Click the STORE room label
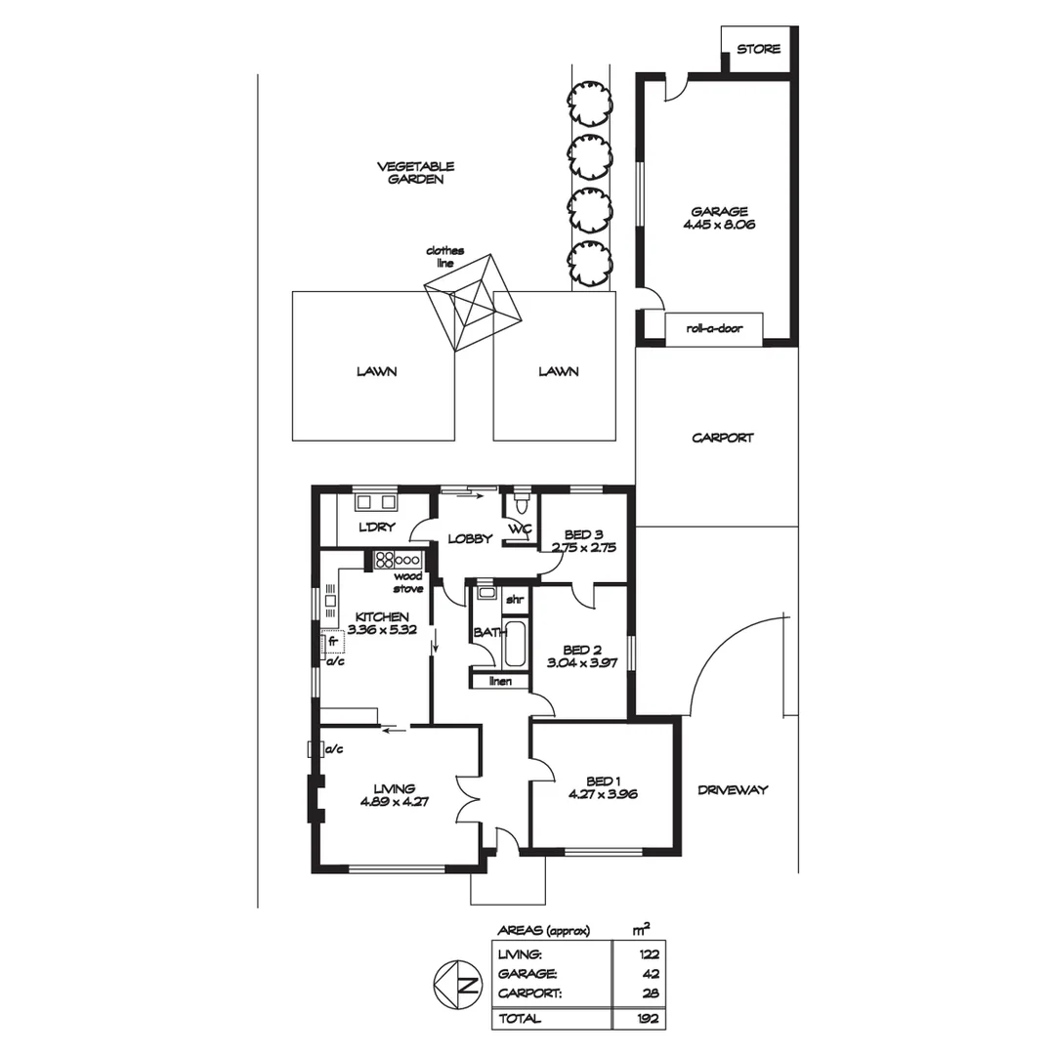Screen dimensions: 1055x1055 [758, 48]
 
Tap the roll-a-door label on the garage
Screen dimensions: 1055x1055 [713, 328]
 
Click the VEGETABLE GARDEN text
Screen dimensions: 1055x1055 [415, 173]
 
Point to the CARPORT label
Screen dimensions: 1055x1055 [723, 438]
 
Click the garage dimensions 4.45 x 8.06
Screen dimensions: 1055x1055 [720, 224]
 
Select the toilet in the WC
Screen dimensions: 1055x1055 [521, 503]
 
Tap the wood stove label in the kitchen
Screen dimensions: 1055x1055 [407, 583]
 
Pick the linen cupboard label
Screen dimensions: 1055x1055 [500, 680]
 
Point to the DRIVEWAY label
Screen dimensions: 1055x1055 [733, 789]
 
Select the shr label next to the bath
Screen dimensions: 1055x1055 [514, 598]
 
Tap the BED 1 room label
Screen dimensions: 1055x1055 [603, 781]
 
